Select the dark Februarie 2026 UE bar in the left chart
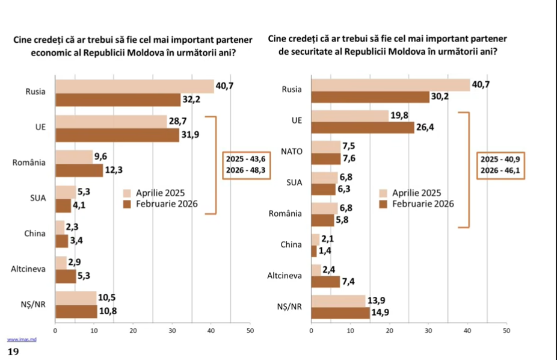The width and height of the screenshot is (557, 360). [x=117, y=134]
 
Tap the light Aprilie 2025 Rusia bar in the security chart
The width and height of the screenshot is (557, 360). [x=390, y=85]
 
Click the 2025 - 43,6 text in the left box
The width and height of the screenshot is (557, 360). [x=245, y=159]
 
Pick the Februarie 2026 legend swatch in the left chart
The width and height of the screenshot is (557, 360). [x=127, y=204]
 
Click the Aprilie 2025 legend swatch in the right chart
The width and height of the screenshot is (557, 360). [x=383, y=193]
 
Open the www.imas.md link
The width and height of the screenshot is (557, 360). [x=22, y=340]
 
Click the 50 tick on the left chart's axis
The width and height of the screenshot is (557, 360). [x=250, y=331]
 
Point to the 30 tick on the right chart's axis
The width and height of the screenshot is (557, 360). [x=428, y=331]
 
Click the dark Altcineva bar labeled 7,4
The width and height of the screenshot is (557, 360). [x=325, y=281]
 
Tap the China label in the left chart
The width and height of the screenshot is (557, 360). [x=35, y=234]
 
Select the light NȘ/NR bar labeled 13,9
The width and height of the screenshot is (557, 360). [x=338, y=300]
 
